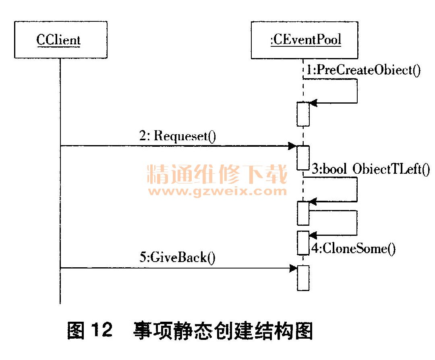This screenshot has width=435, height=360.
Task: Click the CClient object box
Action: click(x=60, y=40)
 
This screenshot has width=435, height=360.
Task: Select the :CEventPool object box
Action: click(x=305, y=40)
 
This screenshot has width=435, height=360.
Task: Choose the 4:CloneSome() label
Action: click(x=353, y=248)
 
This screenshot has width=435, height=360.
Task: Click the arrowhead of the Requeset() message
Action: click(x=293, y=146)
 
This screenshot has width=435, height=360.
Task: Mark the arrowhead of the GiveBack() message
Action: click(x=293, y=268)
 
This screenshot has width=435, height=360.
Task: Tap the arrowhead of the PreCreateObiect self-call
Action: click(x=313, y=103)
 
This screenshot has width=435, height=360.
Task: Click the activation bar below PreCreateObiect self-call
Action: click(x=303, y=114)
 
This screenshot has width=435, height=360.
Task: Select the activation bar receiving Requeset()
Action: click(x=303, y=158)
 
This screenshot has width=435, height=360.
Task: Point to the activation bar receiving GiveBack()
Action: click(x=303, y=278)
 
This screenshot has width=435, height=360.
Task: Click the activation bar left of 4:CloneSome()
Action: click(x=303, y=243)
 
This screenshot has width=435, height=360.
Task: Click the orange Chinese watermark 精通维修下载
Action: click(x=217, y=174)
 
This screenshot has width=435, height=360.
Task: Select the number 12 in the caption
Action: click(x=101, y=331)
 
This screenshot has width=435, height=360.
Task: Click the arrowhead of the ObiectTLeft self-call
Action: click(x=313, y=201)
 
